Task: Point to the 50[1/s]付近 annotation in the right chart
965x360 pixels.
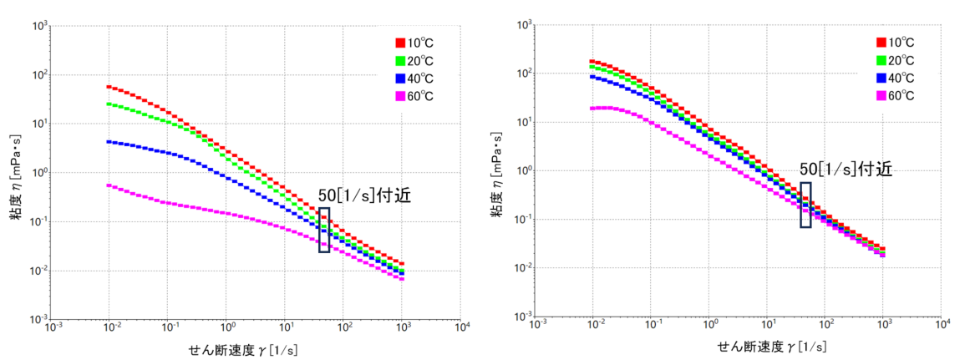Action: tap(846, 169)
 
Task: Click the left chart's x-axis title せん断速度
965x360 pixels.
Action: tap(234, 349)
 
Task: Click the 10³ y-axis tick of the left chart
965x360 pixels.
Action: tap(38, 26)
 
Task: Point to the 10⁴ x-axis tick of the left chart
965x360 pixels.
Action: tap(461, 328)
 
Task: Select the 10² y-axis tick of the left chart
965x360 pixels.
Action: tap(38, 75)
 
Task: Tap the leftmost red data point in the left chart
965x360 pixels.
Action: tap(109, 86)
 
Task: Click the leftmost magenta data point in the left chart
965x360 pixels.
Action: tap(109, 185)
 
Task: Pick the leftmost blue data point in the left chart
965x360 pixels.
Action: tap(109, 142)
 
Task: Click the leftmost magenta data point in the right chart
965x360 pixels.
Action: tap(592, 109)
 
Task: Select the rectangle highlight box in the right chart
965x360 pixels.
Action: tap(805, 204)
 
